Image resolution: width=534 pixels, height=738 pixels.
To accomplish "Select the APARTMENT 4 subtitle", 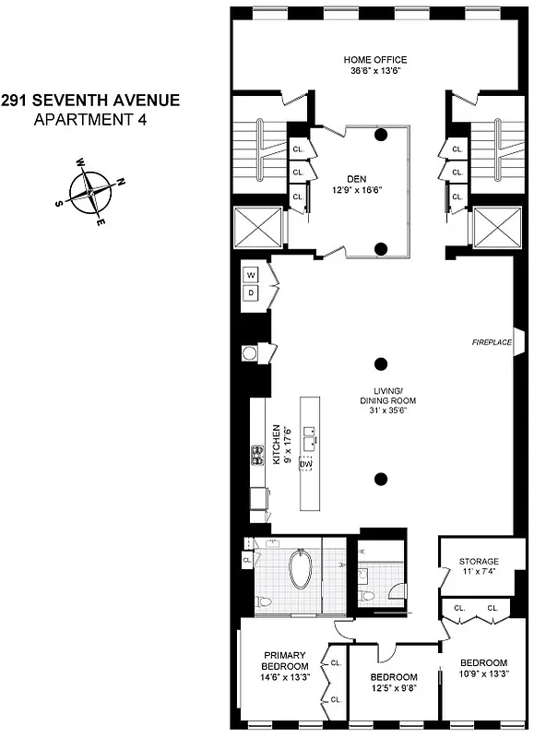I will [89, 118].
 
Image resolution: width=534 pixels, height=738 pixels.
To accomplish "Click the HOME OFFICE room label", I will [374, 60].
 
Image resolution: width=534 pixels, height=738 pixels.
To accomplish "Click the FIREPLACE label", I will [491, 342].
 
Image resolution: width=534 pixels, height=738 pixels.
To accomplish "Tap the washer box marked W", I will [251, 275].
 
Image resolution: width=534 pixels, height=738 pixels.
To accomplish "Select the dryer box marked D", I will [251, 293].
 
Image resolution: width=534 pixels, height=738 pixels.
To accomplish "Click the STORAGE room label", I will [479, 561].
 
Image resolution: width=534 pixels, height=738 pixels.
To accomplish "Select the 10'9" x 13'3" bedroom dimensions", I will [483, 674].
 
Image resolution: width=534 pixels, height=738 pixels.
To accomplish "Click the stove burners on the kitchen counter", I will [257, 454].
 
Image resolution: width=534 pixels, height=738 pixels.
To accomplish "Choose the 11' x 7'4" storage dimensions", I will [479, 572].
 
